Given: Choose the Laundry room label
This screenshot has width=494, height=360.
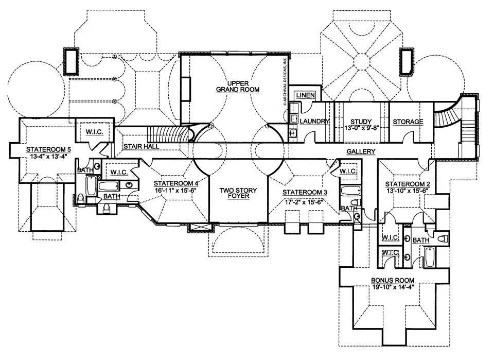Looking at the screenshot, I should pos(314,121).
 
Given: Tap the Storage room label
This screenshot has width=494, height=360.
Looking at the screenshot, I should pos(408,122).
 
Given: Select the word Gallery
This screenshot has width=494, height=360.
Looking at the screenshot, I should pos(360,151).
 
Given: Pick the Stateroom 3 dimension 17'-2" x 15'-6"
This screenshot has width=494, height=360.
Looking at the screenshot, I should pos(305,199).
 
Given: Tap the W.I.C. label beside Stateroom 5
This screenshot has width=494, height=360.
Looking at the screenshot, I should pos(94,132).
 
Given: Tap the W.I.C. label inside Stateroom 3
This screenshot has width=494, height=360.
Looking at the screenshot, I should pos(348,171).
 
